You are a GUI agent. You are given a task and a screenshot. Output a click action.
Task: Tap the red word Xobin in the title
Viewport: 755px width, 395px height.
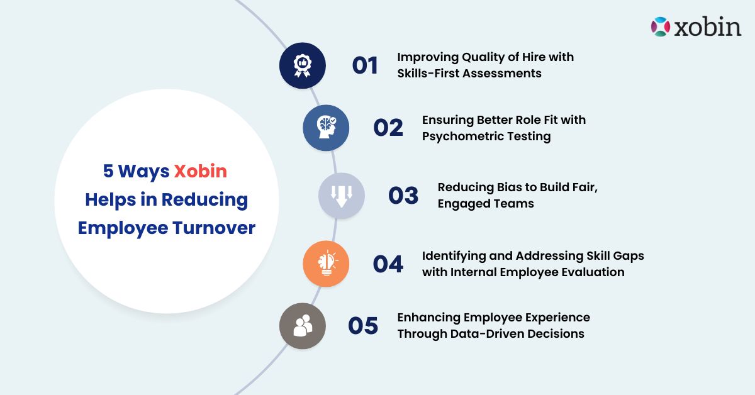(x=200, y=171)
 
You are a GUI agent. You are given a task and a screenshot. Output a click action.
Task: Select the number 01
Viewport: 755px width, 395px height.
(x=365, y=65)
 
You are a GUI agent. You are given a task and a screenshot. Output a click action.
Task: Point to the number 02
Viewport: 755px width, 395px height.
(x=388, y=127)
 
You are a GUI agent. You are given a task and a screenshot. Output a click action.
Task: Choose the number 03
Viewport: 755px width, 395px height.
(x=403, y=196)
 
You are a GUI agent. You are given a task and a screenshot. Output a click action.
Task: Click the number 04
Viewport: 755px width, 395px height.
(x=388, y=264)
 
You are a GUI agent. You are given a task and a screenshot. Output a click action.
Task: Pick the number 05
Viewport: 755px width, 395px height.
(x=363, y=326)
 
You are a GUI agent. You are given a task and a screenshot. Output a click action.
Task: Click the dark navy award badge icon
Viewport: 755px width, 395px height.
(x=303, y=65)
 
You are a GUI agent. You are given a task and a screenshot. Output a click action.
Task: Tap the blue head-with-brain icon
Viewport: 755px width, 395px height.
(x=326, y=127)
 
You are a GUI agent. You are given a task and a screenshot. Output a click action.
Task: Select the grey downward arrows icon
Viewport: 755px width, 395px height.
(x=341, y=196)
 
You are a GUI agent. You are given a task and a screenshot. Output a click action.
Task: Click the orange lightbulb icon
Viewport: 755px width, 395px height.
(x=326, y=264)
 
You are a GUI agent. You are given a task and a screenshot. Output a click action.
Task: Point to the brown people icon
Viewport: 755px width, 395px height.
(x=303, y=326)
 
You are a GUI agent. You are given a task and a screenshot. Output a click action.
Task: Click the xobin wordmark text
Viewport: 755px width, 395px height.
(x=707, y=28)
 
